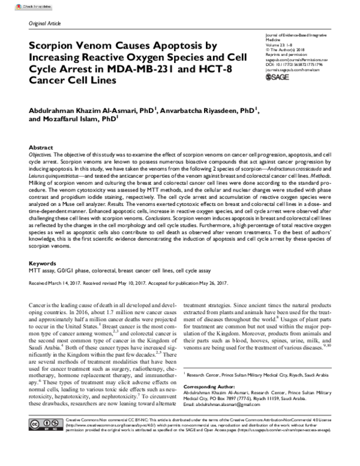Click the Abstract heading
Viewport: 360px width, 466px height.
40,147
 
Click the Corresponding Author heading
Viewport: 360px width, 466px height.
208,372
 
